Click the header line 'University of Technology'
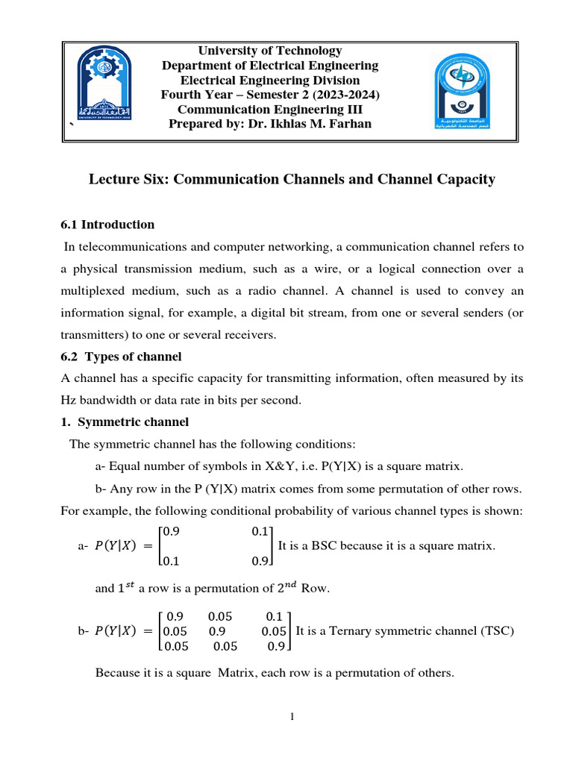[269, 51]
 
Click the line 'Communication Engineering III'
[270, 109]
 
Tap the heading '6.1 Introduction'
[107, 225]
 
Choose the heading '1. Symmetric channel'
[124, 422]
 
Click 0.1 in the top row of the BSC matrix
[261, 531]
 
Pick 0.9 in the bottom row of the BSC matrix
[261, 561]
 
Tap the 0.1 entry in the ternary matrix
[274, 617]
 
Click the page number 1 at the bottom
[293, 718]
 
